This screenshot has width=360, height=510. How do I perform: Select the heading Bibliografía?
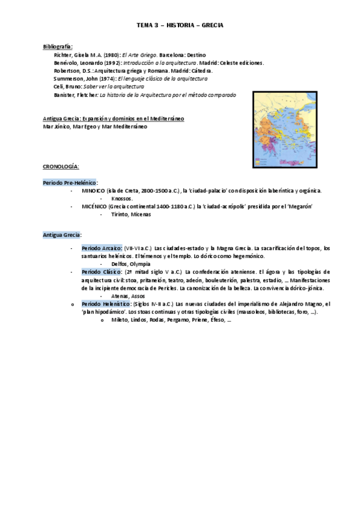58,46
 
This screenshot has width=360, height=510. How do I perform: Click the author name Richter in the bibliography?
63,54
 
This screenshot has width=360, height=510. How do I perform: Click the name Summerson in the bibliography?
69,78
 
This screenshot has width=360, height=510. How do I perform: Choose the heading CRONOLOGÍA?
61,165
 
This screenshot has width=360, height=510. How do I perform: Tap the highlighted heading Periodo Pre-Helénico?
70,182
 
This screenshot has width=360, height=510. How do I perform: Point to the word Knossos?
122,198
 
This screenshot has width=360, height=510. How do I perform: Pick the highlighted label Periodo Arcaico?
102,248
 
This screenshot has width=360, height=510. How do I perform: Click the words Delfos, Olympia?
131,264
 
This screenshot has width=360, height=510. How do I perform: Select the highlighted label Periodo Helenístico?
106,304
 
